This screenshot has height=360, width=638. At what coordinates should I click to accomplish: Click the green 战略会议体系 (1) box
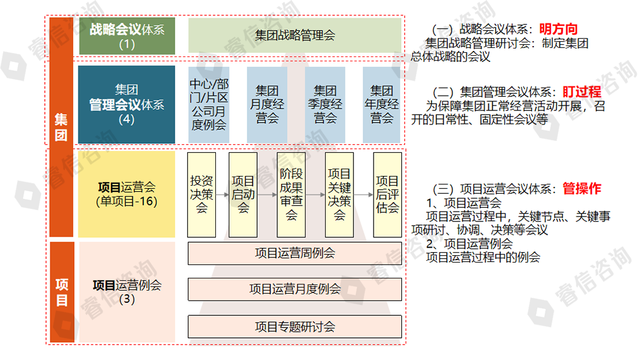pos(127,36)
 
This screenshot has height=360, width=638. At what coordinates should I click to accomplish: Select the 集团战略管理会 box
pos(294,36)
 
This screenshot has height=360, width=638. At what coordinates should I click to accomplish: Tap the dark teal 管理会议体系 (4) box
pos(127,105)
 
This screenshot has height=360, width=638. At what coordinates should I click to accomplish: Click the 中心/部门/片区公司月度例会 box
pos(208,105)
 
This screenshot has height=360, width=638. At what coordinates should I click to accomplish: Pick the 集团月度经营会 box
pos(267,105)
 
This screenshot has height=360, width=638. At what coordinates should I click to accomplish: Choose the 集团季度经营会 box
pos(325,105)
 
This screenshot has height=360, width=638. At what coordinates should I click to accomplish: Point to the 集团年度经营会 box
pos(383,105)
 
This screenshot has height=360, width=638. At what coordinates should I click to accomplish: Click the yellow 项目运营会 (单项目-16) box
pos(127,194)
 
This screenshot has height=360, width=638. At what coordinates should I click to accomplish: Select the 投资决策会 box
pos(202,194)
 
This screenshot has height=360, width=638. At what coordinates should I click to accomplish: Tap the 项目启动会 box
pos(243,194)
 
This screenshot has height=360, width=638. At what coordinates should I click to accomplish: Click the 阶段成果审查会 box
pos(291,194)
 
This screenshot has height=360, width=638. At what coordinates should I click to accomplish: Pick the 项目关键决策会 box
pos(339,194)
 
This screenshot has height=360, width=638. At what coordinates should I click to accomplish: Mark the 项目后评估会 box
pos(388,194)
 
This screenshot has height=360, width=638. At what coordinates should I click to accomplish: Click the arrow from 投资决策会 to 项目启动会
pos(222,194)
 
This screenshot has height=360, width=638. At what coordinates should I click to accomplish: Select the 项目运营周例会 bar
pos(294,253)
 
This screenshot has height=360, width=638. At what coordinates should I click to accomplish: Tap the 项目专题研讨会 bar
pos(294,326)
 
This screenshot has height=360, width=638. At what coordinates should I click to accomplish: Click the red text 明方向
pos(558,29)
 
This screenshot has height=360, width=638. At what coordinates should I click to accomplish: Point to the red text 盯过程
pos(582,92)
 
